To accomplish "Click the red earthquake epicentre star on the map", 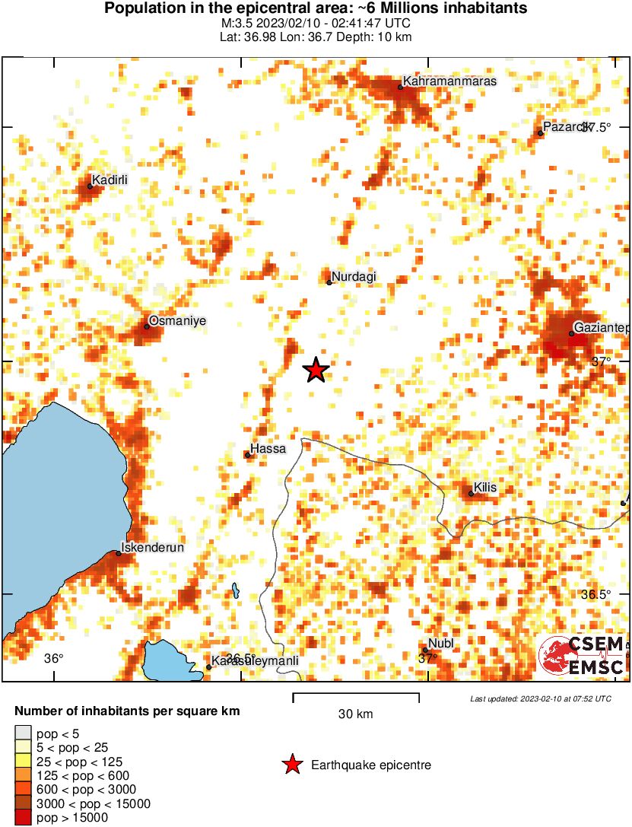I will coord(316,371).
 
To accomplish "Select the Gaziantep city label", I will coord(602,327).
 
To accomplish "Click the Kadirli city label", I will coord(110,180).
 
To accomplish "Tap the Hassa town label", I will coord(269,449).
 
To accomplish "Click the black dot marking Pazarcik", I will coord(541,133).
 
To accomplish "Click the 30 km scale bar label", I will coord(356,714).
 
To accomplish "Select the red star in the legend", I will coord(291,765).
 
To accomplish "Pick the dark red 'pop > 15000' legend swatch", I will coord(23,818).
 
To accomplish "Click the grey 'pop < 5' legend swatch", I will coord(23,734).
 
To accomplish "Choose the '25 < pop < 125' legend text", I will coord(80,762).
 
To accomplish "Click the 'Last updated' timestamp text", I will coord(541,698).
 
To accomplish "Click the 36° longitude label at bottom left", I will coord(53,658).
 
